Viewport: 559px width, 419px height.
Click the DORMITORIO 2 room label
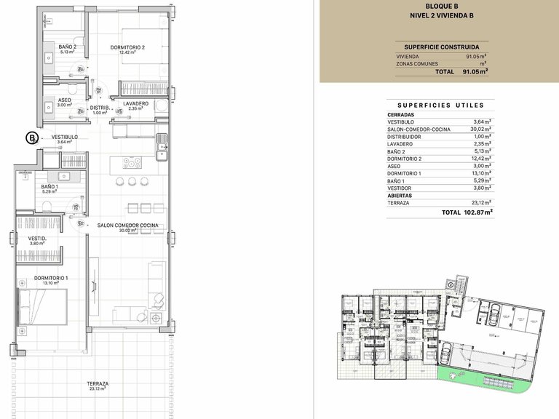pyautogui.click(x=128, y=48)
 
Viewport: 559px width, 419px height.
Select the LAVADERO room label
pyautogui.click(x=135, y=104)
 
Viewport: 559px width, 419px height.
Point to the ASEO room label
pyautogui.click(x=64, y=100)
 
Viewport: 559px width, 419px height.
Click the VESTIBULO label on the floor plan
pyautogui.click(x=64, y=137)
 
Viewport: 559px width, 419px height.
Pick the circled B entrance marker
pyautogui.click(x=31, y=137)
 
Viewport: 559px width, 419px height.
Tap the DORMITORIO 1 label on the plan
pyautogui.click(x=51, y=279)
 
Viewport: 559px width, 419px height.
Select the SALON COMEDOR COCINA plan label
pyautogui.click(x=127, y=226)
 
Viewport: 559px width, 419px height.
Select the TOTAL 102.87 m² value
pyautogui.click(x=467, y=212)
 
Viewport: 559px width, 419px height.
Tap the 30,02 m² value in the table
pyautogui.click(x=482, y=129)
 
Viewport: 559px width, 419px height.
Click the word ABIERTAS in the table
pyautogui.click(x=401, y=195)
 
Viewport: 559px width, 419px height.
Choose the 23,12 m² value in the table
pyautogui.click(x=482, y=202)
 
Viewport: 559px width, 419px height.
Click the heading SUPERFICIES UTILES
pyautogui.click(x=441, y=105)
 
